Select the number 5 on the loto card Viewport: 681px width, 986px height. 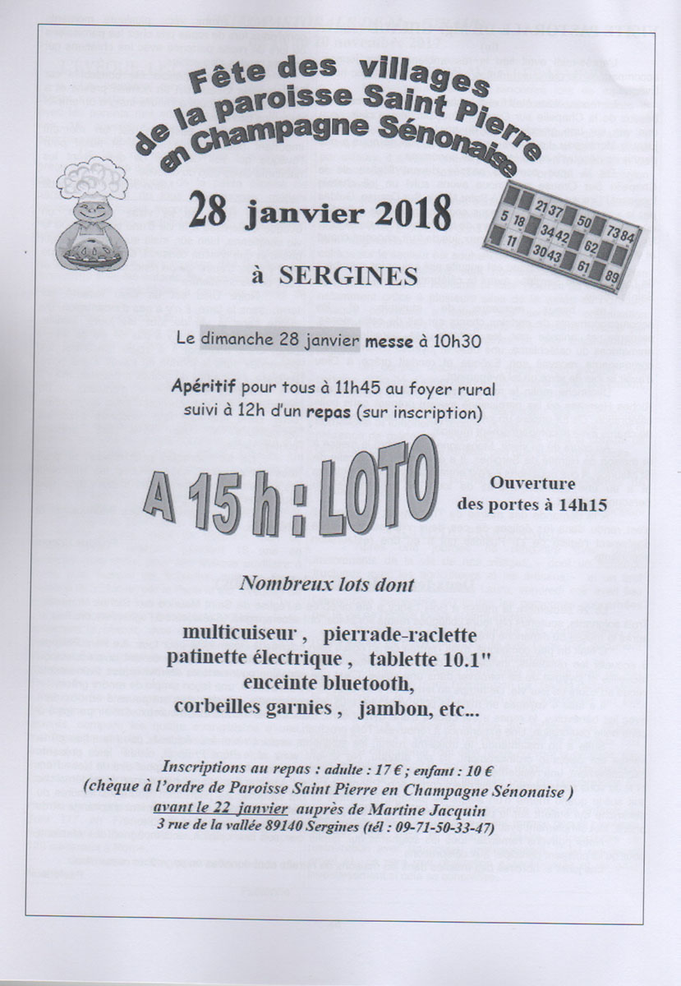tap(503, 215)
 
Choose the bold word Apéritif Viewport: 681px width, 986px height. tap(204, 385)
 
